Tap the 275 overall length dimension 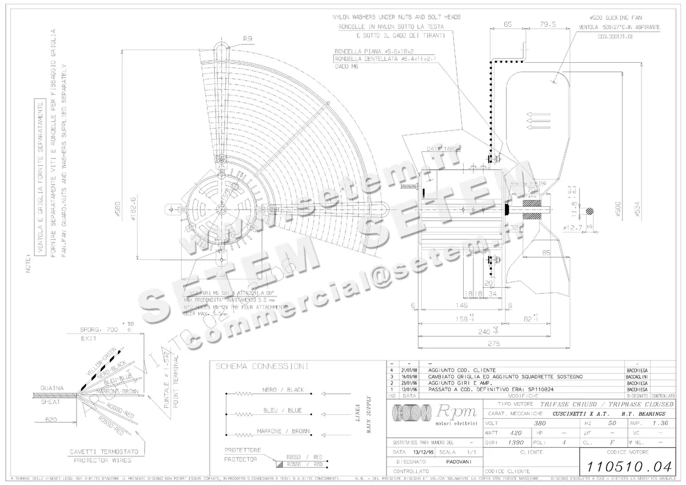pyautogui.click(x=493, y=344)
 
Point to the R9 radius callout pyautogui.click(x=248, y=39)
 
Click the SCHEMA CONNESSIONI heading pyautogui.click(x=261, y=366)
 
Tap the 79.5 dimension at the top pyautogui.click(x=548, y=25)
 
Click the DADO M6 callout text pyautogui.click(x=345, y=66)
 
